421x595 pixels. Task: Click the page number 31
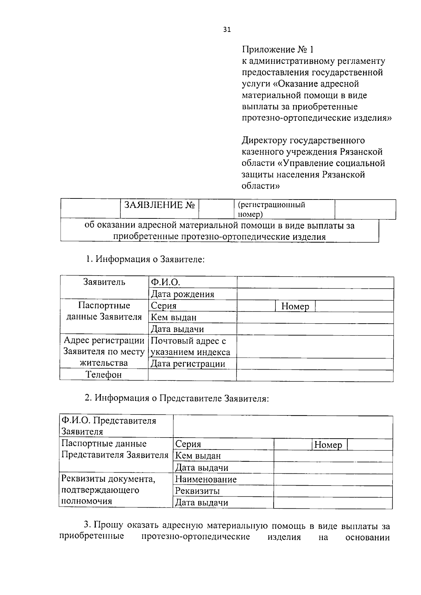(x=227, y=30)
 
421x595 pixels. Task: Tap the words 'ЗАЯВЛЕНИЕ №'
(x=159, y=205)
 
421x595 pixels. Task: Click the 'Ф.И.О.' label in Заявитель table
(x=165, y=282)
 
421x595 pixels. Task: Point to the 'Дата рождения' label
(x=182, y=294)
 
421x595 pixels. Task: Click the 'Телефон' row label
(x=104, y=375)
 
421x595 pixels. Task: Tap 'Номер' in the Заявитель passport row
(x=295, y=306)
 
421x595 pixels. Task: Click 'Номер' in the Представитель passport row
(x=328, y=445)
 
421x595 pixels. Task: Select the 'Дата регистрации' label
(x=188, y=364)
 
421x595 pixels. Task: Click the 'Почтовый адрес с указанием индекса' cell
(x=191, y=346)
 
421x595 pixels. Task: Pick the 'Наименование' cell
(x=206, y=479)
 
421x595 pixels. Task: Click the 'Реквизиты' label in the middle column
(x=197, y=491)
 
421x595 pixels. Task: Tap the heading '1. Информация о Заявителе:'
(x=145, y=259)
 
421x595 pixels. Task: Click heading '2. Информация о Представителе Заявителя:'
(x=177, y=398)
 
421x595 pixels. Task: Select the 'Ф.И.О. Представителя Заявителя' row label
(x=109, y=426)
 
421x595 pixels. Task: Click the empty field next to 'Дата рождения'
(x=315, y=294)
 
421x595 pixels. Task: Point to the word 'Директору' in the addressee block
(x=264, y=141)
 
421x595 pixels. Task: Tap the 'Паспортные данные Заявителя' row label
(x=104, y=311)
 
